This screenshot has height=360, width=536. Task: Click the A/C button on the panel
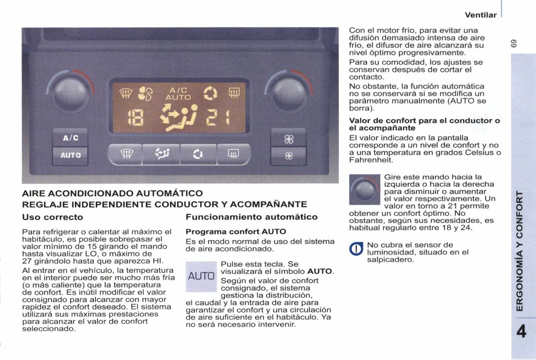70,138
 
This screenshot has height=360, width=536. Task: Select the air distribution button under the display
161,155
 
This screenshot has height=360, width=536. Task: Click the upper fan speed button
288,139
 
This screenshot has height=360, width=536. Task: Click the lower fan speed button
288,156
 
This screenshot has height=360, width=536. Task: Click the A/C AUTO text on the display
179,94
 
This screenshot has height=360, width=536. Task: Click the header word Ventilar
481,15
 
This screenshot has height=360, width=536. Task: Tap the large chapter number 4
522,333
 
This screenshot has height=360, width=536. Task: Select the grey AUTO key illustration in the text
201,275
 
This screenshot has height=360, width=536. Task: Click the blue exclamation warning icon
356,249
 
